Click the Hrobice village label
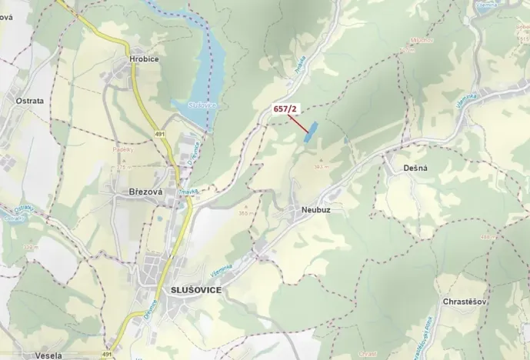tap(145, 58)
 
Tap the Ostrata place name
tap(29, 101)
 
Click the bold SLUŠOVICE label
tap(192, 289)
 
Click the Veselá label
tap(48, 355)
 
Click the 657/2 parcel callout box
tap(285, 110)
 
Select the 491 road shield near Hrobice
tap(159, 135)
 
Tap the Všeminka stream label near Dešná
tap(467, 108)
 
